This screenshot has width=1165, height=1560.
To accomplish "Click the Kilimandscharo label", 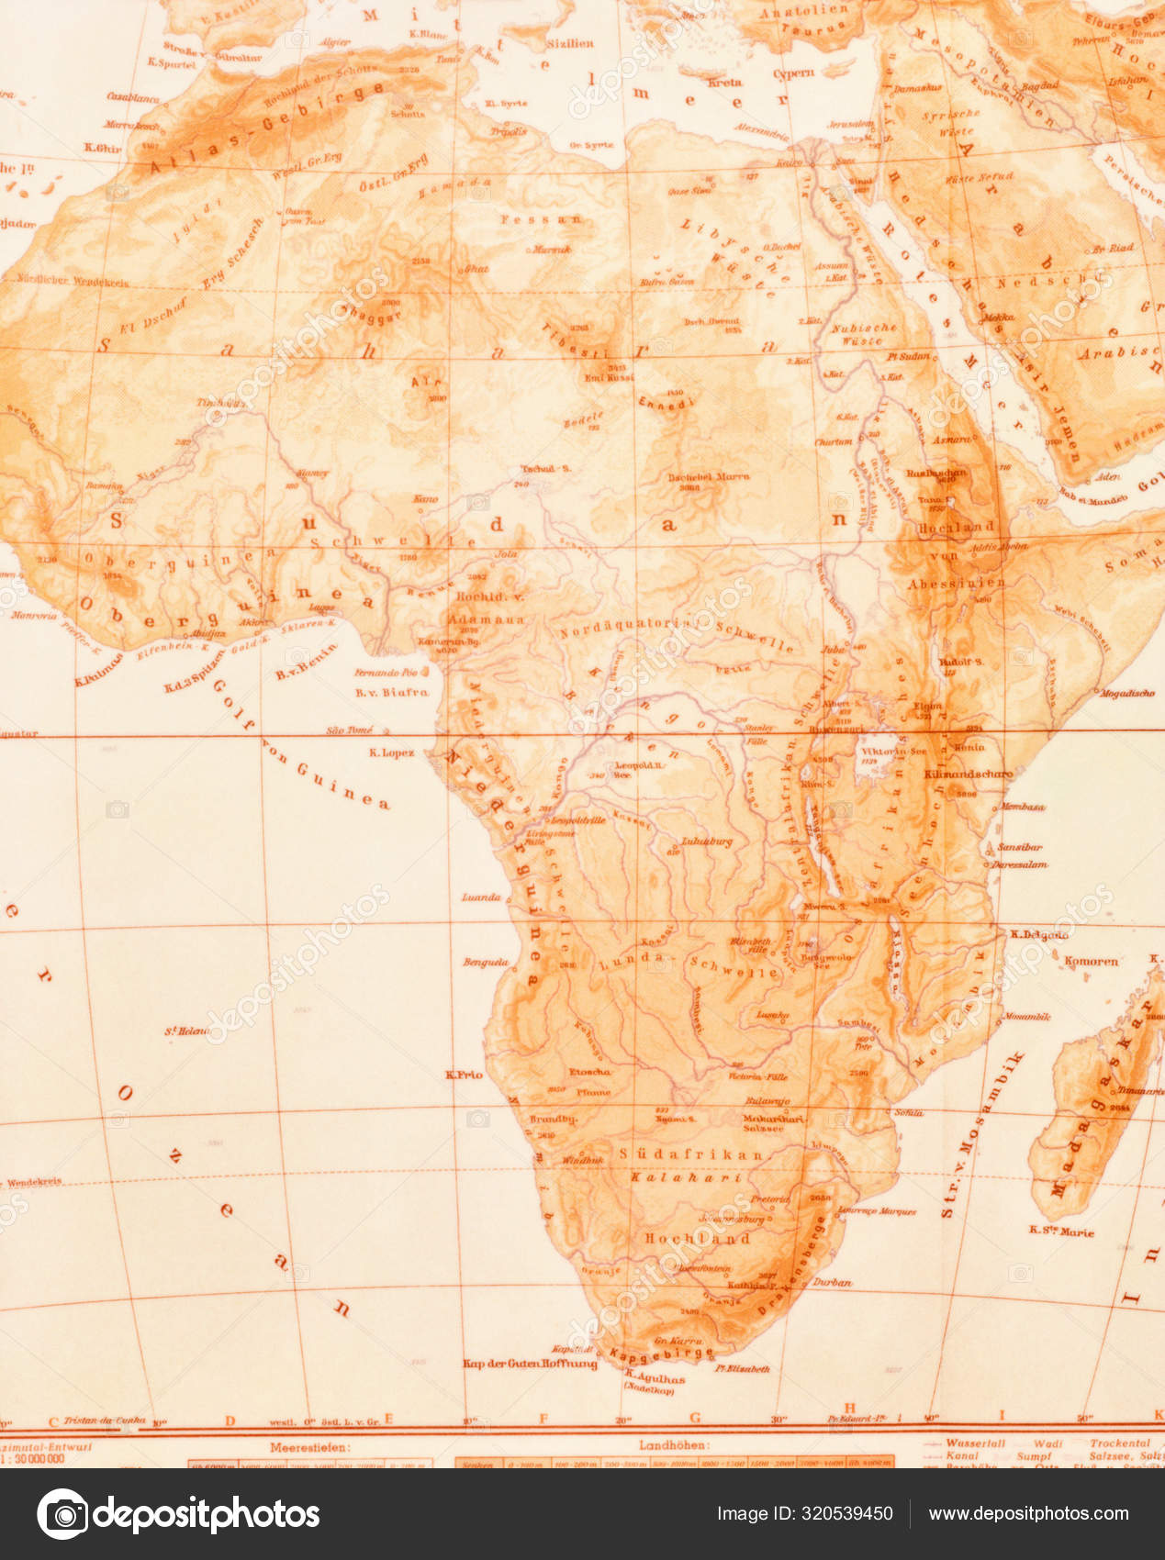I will tap(967, 774).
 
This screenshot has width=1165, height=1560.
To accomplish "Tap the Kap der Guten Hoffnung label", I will tap(530, 1363).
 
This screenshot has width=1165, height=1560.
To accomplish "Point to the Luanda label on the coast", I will tap(481, 897).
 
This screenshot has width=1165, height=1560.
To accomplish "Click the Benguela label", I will tap(486, 963).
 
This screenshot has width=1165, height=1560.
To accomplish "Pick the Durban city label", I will tap(833, 1282).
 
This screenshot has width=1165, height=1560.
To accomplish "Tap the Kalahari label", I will tap(686, 1177).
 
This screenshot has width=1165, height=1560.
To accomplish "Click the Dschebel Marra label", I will tap(708, 476).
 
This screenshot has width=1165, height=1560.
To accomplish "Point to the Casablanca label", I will tap(133, 96).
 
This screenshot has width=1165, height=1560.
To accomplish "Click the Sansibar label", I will tap(1019, 847).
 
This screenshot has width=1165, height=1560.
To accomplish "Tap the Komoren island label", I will tap(1091, 962).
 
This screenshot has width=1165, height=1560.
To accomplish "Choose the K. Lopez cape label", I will tap(392, 752).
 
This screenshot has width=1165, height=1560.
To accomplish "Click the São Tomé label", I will tap(349, 730).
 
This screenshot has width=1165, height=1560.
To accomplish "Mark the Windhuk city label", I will tap(583, 1160).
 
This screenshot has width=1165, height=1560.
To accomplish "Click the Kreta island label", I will tap(724, 82).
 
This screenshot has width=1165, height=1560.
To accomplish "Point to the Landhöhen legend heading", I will tap(674, 1445).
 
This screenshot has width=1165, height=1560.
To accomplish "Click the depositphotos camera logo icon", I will tap(63, 1513).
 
